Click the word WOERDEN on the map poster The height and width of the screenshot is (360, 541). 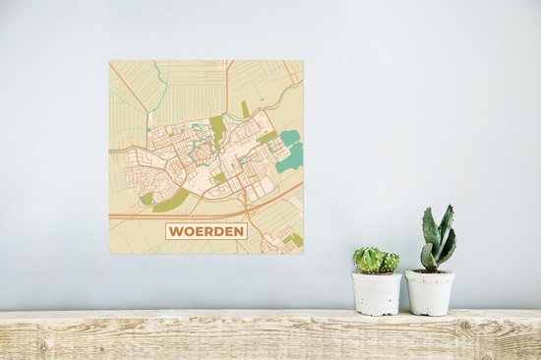(x=206, y=233)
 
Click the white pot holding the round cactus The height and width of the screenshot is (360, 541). (x=378, y=293)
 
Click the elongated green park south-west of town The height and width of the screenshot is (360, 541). (x=176, y=200)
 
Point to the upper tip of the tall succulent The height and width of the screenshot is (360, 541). (x=447, y=210)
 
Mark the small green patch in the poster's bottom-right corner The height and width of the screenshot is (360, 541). (x=294, y=239)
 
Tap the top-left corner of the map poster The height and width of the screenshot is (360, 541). (x=109, y=61)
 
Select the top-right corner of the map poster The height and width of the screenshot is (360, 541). (x=303, y=61)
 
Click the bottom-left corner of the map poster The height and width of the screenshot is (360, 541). (x=109, y=254)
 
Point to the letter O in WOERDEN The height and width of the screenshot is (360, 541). (x=188, y=233)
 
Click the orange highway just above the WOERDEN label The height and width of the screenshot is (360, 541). (x=207, y=212)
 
